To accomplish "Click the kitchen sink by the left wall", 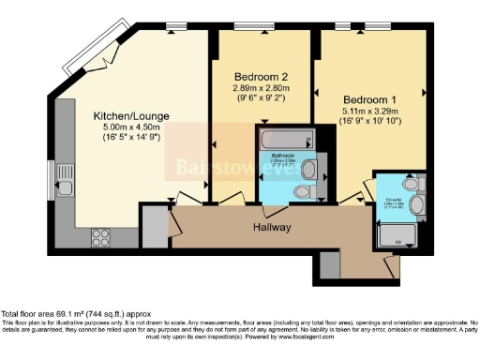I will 65,187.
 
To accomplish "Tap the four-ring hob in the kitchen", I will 100,237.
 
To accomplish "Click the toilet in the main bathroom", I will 302,192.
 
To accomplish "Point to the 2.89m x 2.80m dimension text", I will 241,88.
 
